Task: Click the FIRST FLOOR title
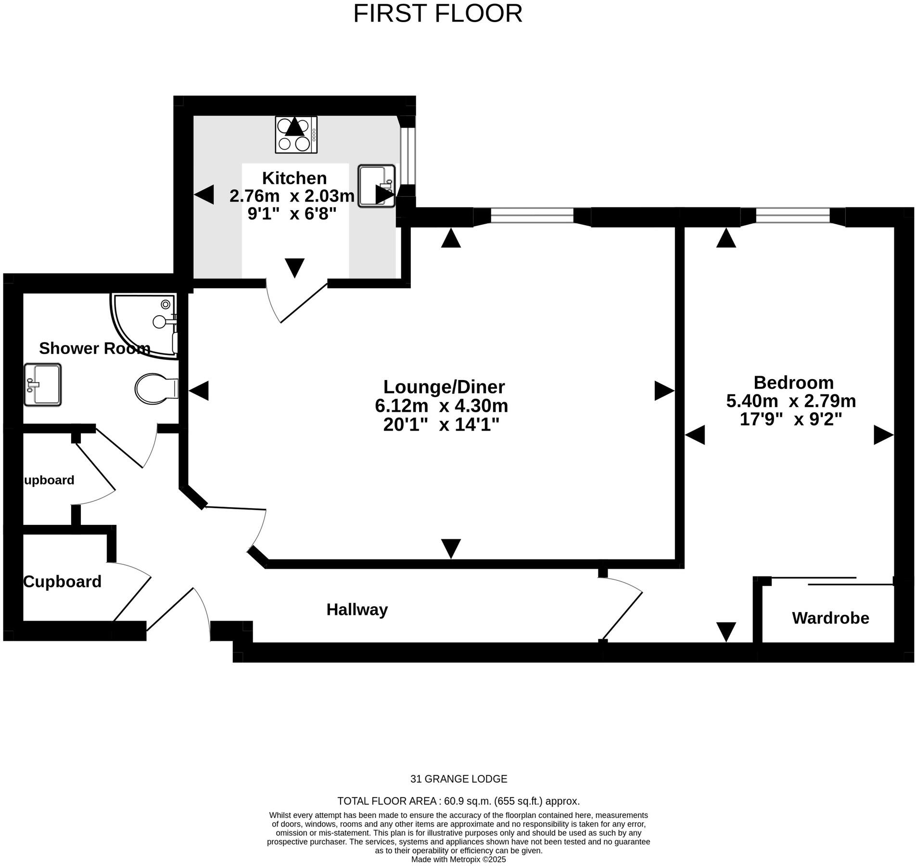[437, 13]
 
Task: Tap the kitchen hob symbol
[296, 135]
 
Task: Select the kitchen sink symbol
[376, 186]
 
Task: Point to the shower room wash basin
[42, 384]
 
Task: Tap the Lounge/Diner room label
[444, 387]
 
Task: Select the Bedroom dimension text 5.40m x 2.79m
[790, 401]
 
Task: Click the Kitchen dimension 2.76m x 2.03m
[292, 196]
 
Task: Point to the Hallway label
[356, 610]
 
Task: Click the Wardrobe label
[830, 618]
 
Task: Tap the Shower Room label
[94, 348]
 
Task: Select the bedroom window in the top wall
[792, 216]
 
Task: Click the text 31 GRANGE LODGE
[458, 778]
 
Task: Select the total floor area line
[458, 801]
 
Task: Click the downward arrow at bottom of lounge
[451, 548]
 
